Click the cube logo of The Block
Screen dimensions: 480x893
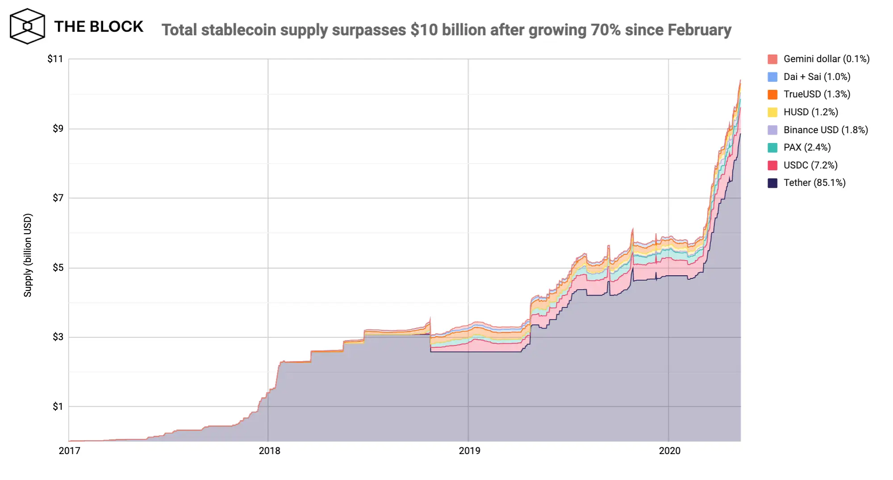coord(27,26)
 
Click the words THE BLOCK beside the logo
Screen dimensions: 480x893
coord(99,27)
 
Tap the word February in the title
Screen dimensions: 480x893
coord(699,30)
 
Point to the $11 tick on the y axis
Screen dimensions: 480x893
coord(55,59)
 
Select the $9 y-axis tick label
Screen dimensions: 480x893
coord(58,129)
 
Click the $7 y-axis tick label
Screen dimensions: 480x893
coord(58,198)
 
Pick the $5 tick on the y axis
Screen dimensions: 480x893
coord(58,268)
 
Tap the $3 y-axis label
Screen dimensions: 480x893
coord(58,337)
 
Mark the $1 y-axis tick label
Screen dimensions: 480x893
coord(58,407)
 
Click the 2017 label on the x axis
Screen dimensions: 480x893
coord(70,451)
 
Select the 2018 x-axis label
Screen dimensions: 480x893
coord(270,451)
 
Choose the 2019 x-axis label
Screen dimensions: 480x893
coord(470,451)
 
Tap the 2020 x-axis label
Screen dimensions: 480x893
coord(670,451)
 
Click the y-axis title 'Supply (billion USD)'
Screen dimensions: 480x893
coord(28,255)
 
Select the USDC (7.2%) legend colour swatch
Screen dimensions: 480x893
coord(772,165)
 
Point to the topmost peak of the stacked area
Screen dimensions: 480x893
coord(740,80)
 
